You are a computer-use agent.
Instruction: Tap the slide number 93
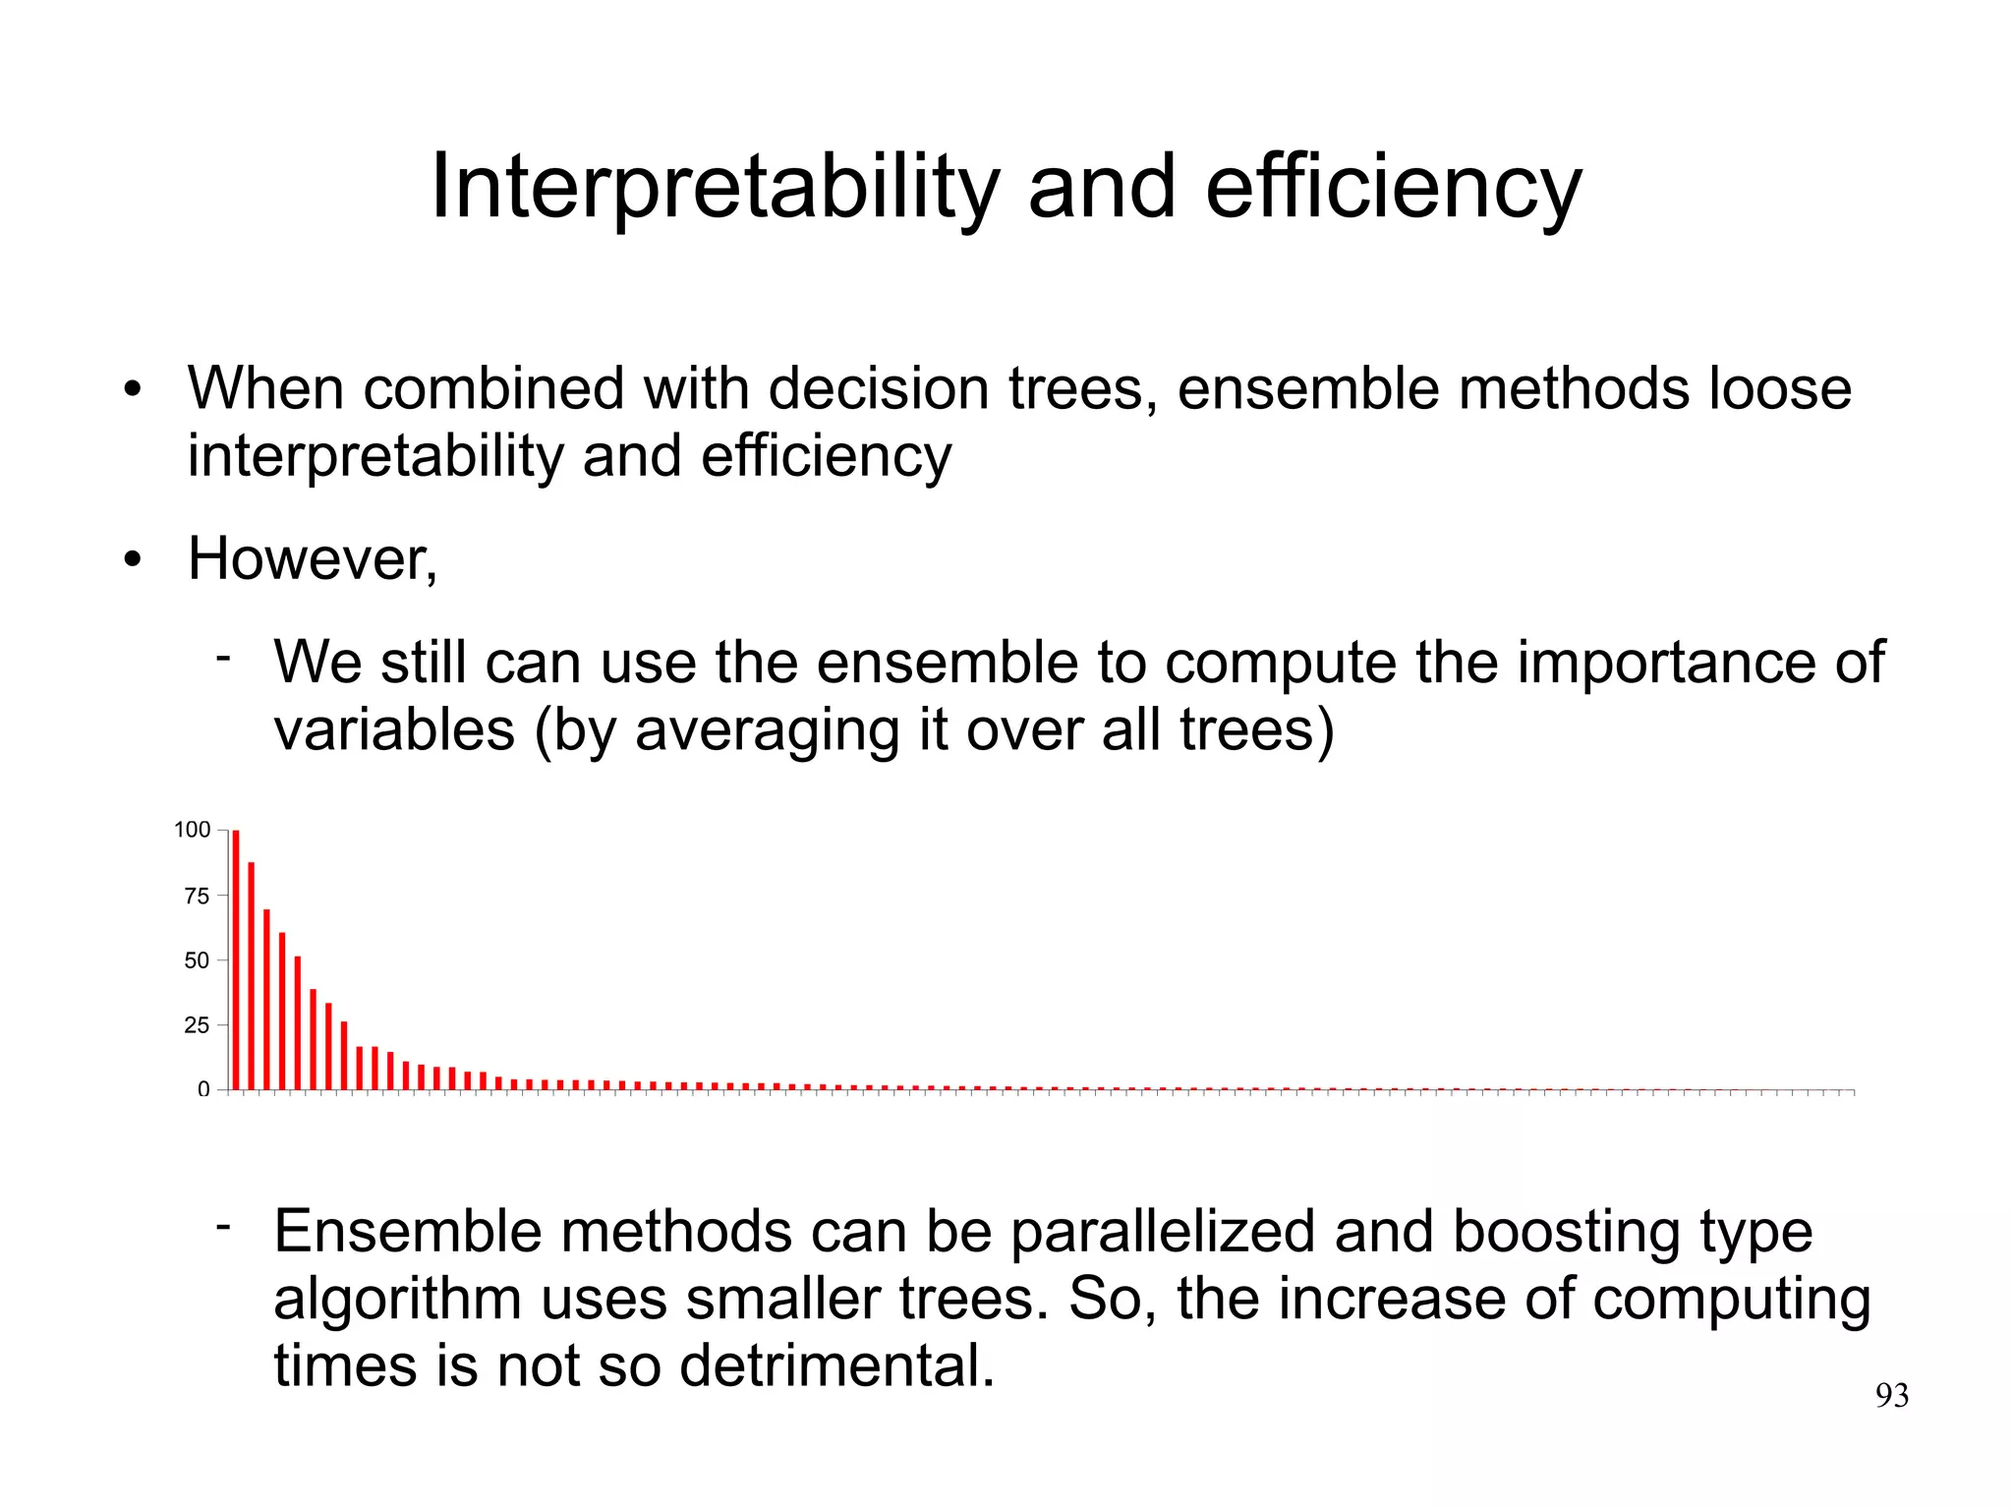[x=1891, y=1396]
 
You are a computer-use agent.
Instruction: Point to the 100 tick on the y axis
[x=193, y=830]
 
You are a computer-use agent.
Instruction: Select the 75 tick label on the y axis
[x=197, y=896]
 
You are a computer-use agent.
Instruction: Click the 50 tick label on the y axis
[x=197, y=960]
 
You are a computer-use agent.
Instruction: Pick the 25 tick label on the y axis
[x=197, y=1025]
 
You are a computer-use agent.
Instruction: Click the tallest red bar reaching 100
[x=236, y=959]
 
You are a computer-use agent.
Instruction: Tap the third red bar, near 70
[x=266, y=999]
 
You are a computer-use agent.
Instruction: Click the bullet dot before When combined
[x=133, y=390]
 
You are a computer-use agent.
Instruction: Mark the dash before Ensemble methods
[x=224, y=1225]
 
